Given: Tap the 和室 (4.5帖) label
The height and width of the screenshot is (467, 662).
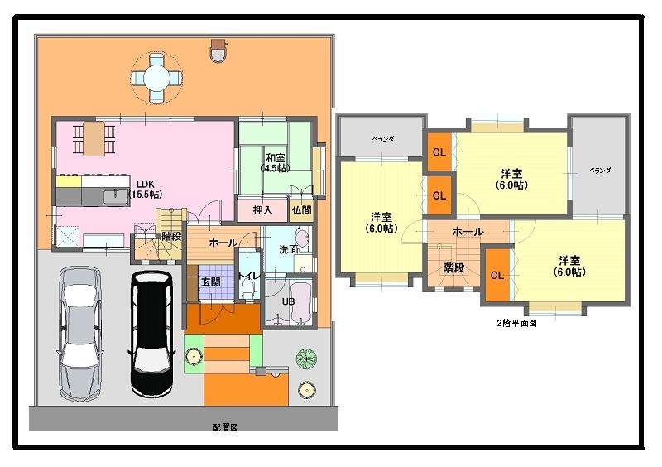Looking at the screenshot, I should point(276,162).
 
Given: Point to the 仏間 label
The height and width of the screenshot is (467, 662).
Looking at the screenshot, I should point(301,210).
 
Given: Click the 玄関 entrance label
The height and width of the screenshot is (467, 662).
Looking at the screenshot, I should point(210,282).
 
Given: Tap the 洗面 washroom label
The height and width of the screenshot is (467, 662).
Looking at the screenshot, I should point(288,248).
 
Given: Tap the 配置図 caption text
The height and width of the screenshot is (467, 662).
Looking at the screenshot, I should point(225,428).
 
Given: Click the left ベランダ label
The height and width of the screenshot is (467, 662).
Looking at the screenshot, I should point(382,140).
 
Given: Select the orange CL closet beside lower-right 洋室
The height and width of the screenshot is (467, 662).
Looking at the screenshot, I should point(496,275).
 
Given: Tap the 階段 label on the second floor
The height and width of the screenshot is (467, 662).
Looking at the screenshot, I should point(453,267).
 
